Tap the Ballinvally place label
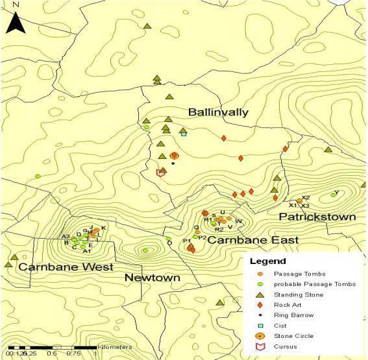218,112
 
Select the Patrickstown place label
317,216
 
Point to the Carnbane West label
65,267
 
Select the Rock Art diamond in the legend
260,305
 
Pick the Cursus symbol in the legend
260,346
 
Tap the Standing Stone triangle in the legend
260,294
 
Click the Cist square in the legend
260,326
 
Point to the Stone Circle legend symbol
260,336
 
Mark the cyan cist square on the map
184,134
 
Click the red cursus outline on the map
162,172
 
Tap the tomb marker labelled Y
334,193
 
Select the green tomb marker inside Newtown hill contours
145,250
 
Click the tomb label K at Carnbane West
103,228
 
